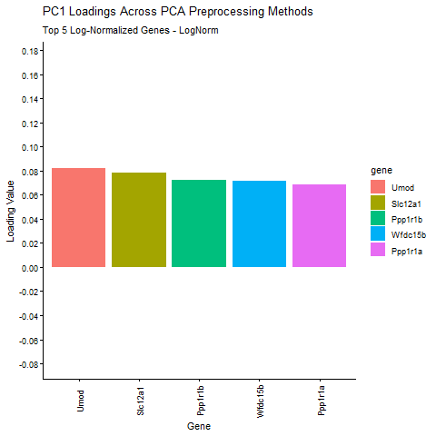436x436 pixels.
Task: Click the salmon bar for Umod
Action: tap(78, 218)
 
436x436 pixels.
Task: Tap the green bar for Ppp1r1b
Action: tap(199, 223)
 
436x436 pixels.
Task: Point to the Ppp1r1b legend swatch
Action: tap(377, 218)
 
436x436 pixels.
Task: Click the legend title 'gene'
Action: tap(380, 170)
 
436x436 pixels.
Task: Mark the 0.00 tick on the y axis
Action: tap(28, 268)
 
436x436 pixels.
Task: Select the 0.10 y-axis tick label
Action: tap(28, 147)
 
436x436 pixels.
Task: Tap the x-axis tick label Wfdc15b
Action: tap(260, 401)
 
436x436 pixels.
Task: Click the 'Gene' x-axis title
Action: tap(199, 425)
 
